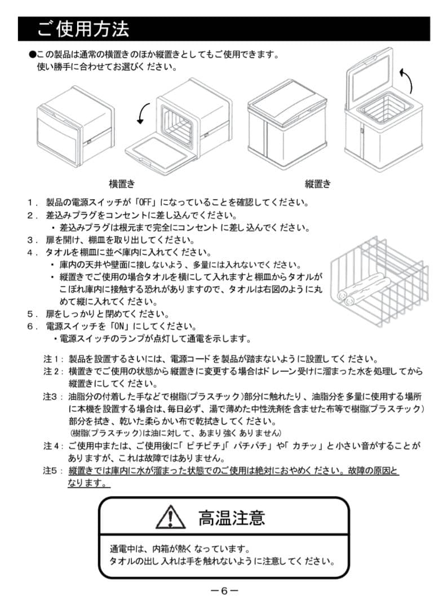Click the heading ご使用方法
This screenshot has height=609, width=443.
click(x=83, y=29)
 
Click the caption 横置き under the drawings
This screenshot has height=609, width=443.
click(x=122, y=184)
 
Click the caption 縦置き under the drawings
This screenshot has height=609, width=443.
click(x=318, y=184)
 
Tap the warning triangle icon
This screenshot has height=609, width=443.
click(x=171, y=517)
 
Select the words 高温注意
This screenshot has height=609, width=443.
click(x=231, y=517)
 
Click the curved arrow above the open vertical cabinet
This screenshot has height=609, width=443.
click(x=405, y=80)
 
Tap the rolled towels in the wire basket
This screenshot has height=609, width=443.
click(x=361, y=289)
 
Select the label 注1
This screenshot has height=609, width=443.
click(x=51, y=359)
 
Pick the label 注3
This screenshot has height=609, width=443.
click(x=51, y=396)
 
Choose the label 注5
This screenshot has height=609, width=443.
click(x=51, y=470)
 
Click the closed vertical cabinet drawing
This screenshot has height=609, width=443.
click(x=286, y=123)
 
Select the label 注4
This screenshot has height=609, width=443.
click(x=51, y=445)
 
